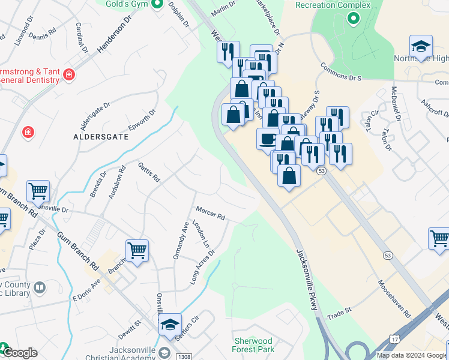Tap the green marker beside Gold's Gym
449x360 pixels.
(157, 5)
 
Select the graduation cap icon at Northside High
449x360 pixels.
(421, 47)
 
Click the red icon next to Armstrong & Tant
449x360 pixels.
(69, 74)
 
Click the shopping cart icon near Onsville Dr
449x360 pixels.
(38, 191)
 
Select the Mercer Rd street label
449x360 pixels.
(210, 212)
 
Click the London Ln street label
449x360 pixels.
(200, 235)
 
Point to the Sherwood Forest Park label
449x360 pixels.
(254, 345)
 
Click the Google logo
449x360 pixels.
(19, 353)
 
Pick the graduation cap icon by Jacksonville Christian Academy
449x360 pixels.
(170, 325)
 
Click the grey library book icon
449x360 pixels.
(40, 288)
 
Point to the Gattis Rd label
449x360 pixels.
(149, 172)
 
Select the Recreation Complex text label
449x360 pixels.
(334, 5)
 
